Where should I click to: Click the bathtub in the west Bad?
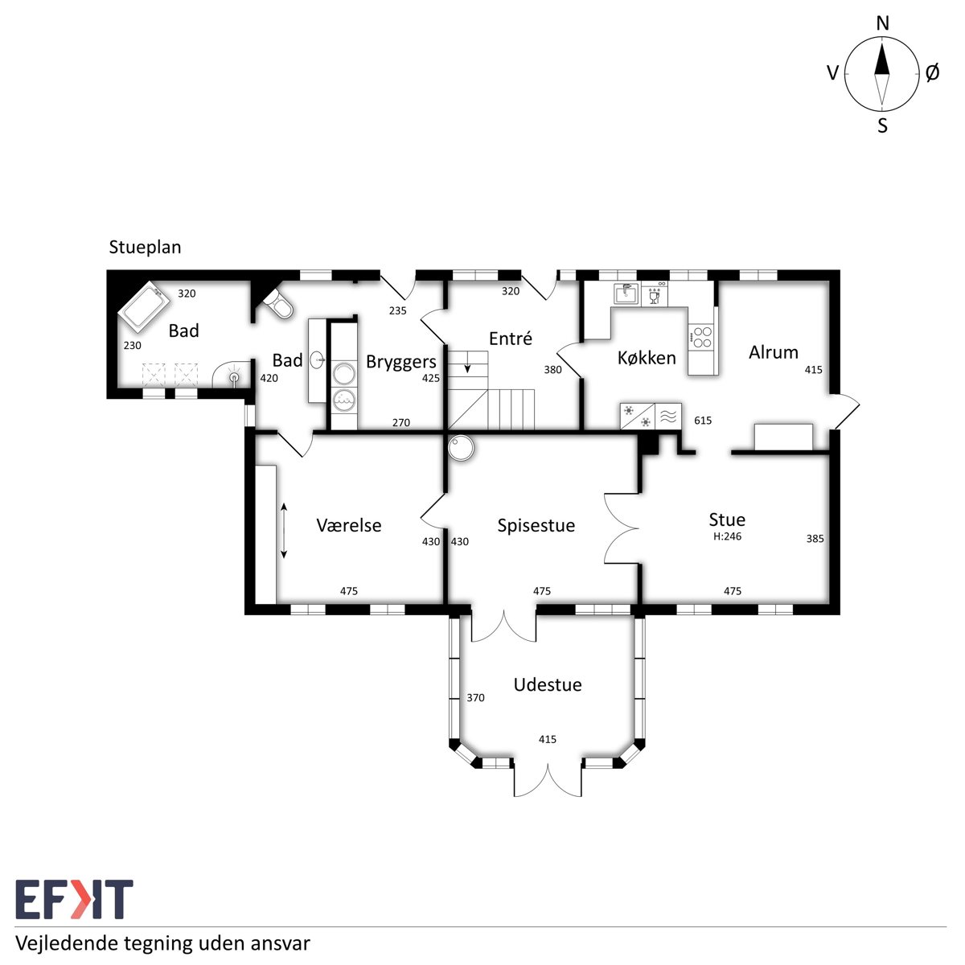[x=145, y=306]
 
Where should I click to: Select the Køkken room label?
[x=647, y=358]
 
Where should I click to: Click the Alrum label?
[x=773, y=352]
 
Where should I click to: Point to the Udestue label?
[x=548, y=684]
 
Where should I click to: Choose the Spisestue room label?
[x=536, y=525]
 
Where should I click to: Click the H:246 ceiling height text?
[x=727, y=536]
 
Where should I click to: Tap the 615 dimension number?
[x=703, y=420]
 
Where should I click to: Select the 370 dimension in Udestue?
[x=475, y=697]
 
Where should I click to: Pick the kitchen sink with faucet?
[x=626, y=294]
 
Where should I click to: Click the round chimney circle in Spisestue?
[x=461, y=448]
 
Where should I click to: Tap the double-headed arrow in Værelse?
[x=283, y=531]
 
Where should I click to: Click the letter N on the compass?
[x=882, y=23]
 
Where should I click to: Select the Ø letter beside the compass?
[x=932, y=73]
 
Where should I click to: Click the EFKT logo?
[x=74, y=899]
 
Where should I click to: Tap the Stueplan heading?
[x=145, y=248]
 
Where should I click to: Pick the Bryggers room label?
[x=400, y=362]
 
